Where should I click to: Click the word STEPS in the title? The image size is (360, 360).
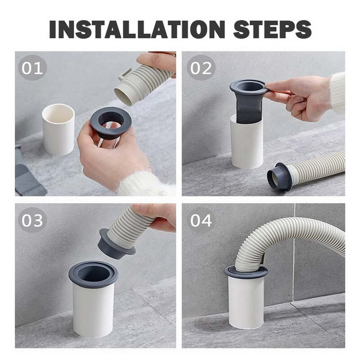272,29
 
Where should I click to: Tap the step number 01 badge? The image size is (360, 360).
32,68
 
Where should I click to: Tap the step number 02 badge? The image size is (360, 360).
201,68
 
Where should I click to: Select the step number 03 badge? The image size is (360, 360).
32,220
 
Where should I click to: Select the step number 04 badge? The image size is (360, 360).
201,220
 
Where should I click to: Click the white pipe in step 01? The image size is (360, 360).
58,129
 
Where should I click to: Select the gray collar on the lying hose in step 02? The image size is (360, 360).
278,177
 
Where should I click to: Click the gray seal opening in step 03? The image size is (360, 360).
93,274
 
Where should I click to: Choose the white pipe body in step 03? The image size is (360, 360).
93,310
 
